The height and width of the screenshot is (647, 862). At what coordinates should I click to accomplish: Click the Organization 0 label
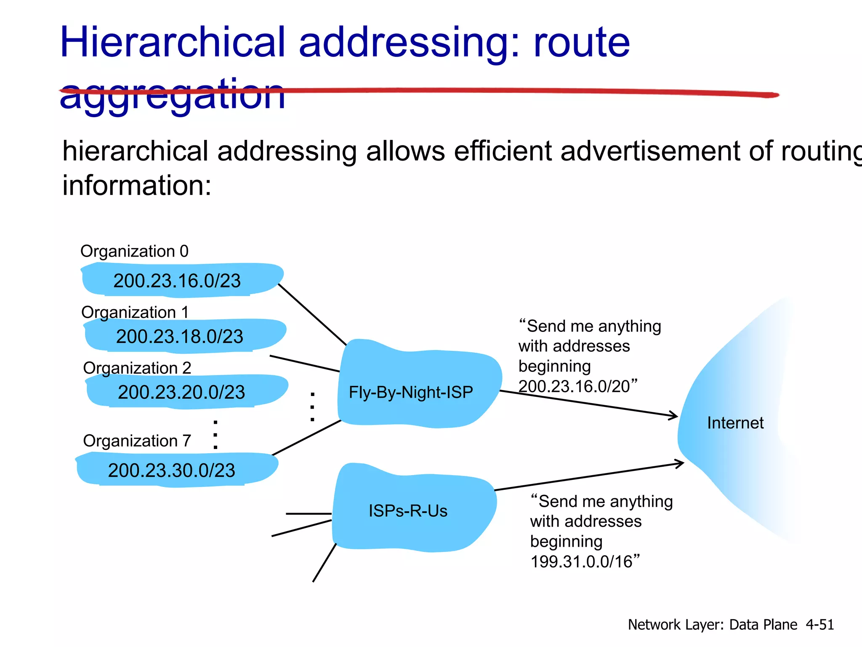tap(134, 251)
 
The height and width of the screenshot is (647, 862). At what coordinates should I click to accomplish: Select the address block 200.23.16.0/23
tap(177, 281)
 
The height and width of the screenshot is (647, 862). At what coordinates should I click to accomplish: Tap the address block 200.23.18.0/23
tap(180, 336)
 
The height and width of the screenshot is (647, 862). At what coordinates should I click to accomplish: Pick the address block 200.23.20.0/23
tap(181, 392)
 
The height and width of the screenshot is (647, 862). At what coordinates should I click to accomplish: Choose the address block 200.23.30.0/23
tap(172, 470)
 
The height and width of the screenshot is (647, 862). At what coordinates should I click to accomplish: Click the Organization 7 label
tap(137, 441)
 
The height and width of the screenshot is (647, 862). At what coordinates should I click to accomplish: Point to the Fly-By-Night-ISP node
tap(411, 392)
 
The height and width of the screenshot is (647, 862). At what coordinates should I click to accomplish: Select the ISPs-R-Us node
tap(408, 511)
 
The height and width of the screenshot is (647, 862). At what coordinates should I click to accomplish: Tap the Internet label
tap(735, 422)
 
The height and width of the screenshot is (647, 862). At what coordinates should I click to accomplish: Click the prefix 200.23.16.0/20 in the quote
tap(574, 386)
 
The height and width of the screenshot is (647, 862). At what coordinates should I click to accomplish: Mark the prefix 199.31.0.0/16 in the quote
tap(582, 561)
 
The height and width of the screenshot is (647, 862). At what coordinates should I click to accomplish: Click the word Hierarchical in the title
tap(173, 42)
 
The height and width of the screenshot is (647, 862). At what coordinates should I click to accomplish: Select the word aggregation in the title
tap(173, 95)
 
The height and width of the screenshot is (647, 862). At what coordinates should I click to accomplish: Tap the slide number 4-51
tap(819, 624)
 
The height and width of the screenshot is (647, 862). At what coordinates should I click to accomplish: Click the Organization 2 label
tap(137, 368)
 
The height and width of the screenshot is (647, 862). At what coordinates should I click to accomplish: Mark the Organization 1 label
tap(135, 312)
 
